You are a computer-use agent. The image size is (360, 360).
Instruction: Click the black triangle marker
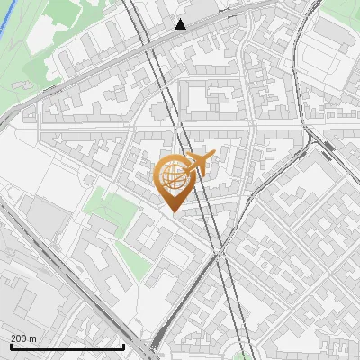[x=181, y=24]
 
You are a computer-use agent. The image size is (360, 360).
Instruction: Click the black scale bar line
[x=67, y=346]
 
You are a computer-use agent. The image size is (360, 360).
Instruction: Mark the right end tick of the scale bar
[x=123, y=345]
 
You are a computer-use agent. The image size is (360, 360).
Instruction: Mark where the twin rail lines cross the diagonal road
[x=220, y=256]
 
